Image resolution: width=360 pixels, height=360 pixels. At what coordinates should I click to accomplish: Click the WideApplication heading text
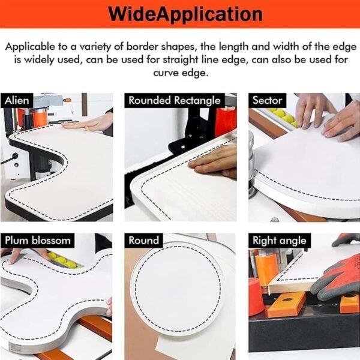(x=185, y=14)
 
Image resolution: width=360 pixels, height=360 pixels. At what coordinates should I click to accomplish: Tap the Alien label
(x=17, y=101)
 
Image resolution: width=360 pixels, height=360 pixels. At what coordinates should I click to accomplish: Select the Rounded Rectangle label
(x=174, y=101)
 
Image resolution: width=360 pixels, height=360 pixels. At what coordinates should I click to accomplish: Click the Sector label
(x=267, y=100)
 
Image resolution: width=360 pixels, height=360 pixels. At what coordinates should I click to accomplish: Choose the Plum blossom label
(x=38, y=241)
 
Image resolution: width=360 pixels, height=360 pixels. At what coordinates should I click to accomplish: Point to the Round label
(x=144, y=241)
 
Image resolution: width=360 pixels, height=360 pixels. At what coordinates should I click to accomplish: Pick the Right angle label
(x=280, y=241)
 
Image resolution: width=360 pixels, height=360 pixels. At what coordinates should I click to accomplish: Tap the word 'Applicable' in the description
(x=30, y=47)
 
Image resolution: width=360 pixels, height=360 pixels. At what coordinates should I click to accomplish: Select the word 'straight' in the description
(x=180, y=60)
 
